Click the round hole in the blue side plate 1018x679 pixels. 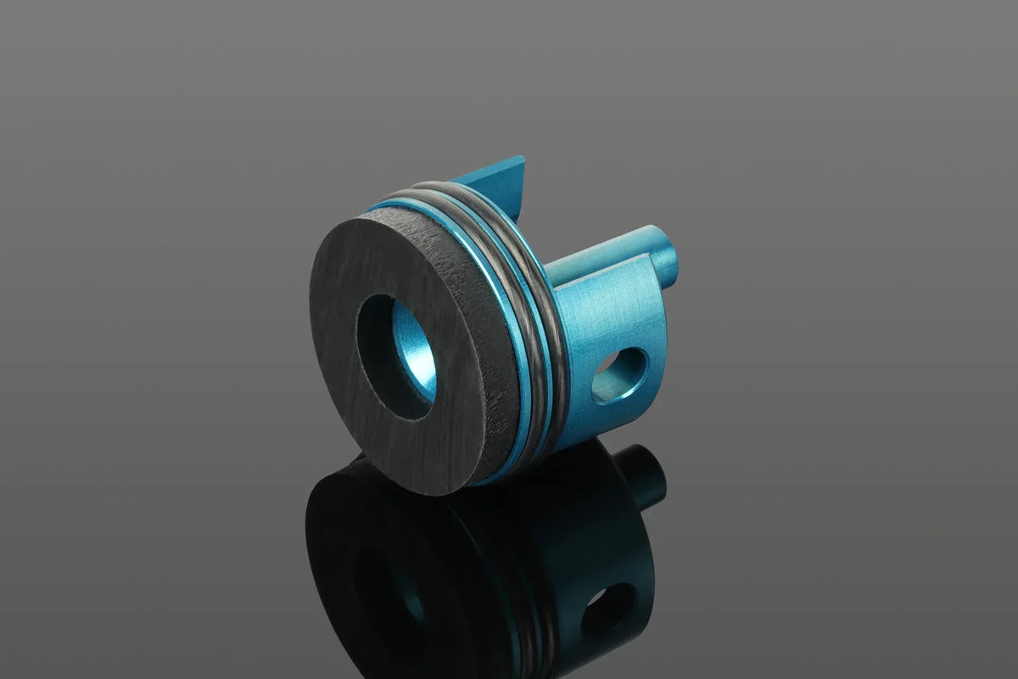[x=618, y=374]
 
